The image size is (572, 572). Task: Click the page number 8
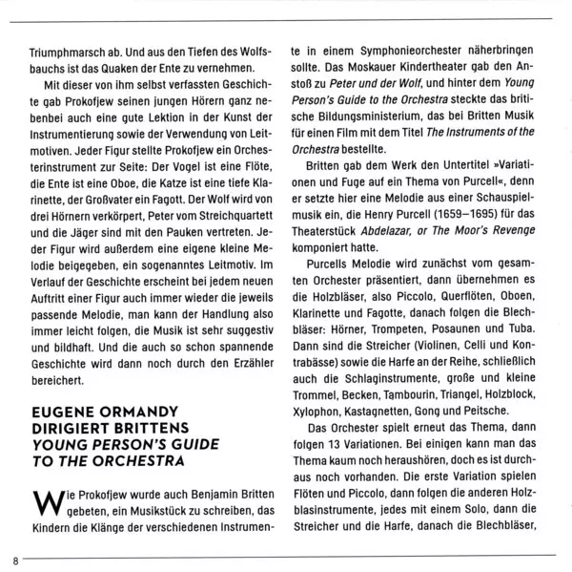[x=16, y=560]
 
